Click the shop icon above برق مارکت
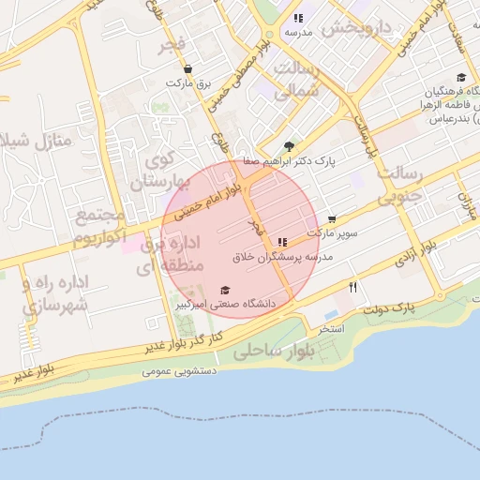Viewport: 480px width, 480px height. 188,69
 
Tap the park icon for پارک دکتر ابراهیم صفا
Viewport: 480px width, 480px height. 289,146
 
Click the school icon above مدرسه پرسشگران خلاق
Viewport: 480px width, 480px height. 282,242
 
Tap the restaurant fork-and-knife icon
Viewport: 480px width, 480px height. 352,287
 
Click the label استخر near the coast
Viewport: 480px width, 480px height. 332,330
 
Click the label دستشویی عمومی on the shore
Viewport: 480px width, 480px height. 181,371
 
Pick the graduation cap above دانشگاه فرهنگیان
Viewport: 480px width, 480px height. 460,78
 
